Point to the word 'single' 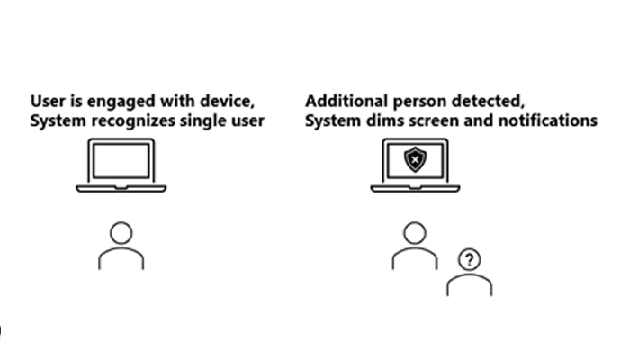[203, 120]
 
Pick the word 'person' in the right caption [408, 101]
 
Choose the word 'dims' [382, 120]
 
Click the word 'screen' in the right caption [428, 120]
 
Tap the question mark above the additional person [469, 260]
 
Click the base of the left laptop [121, 189]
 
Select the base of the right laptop [415, 189]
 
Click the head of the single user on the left [121, 233]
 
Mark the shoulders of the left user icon [121, 259]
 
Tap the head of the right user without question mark [414, 233]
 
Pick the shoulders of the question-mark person [470, 286]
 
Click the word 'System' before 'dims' [332, 120]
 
